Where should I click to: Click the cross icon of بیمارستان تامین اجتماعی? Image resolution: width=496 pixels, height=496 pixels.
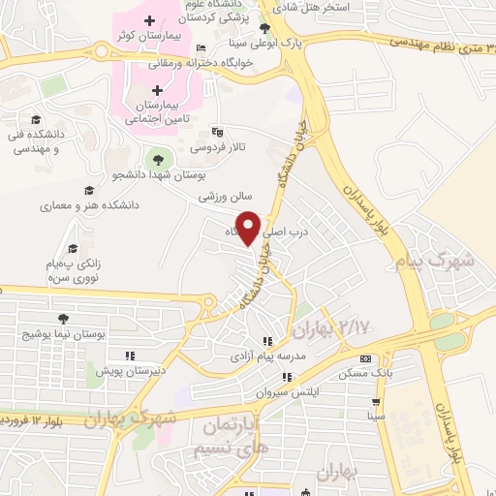(158, 90)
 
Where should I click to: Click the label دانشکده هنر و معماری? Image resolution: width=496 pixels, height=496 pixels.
(89, 205)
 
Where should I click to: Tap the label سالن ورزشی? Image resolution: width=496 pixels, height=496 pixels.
(226, 196)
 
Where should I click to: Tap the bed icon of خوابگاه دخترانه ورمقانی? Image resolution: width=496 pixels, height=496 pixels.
(201, 48)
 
